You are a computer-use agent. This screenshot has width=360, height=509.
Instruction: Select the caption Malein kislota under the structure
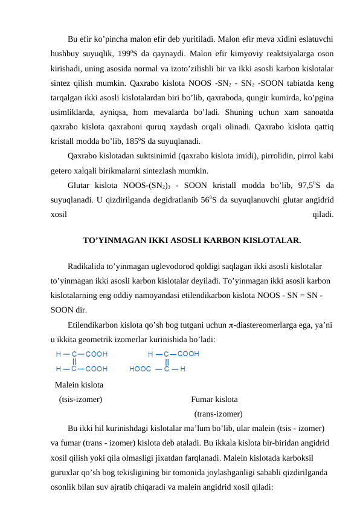[79, 384]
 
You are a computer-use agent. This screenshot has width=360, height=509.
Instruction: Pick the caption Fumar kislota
[214, 399]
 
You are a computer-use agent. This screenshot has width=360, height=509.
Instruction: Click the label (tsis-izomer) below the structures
[80, 399]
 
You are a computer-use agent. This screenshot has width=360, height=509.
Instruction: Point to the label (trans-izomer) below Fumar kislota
[218, 414]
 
